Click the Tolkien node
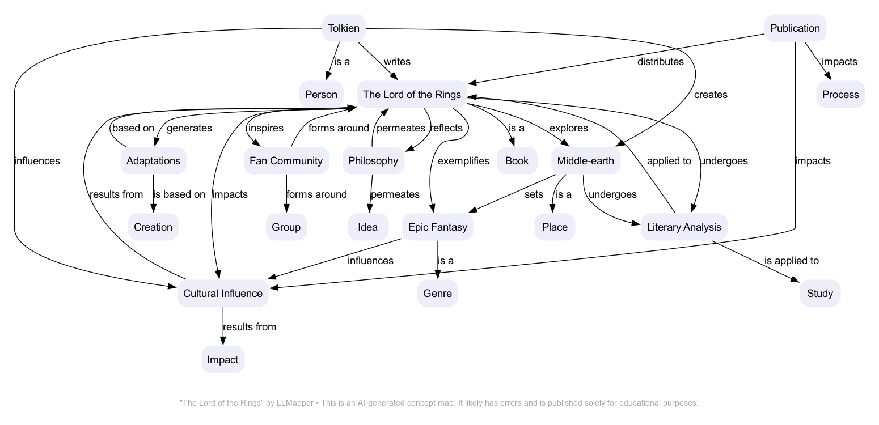pos(344,28)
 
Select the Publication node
pos(795,28)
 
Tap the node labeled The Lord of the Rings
pos(412,95)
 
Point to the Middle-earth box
pos(585,161)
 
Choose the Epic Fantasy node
pos(437,227)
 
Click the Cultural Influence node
pos(222,294)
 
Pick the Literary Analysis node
pos(683,227)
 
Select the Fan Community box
pos(286,161)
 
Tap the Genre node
pos(437,294)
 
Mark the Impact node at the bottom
pos(222,360)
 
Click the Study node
pos(819,294)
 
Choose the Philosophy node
pos(373,161)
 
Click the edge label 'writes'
pos(397,62)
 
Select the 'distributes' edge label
pos(660,62)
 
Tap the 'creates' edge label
pos(710,95)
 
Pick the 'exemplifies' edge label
pos(463,161)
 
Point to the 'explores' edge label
pos(568,128)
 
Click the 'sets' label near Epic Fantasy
pos(534,194)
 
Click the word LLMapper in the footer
pos(294,403)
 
